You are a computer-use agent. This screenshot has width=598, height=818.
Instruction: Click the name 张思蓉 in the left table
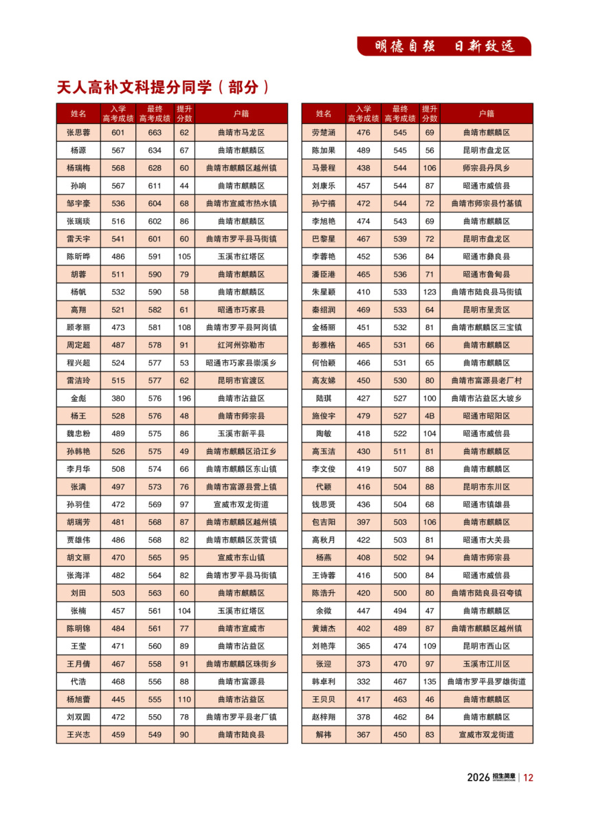(x=78, y=132)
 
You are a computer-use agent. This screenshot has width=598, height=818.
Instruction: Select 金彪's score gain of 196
(x=184, y=398)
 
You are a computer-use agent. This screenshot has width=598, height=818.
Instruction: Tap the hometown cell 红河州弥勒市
(x=241, y=345)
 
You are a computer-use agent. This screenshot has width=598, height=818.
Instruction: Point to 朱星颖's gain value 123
(x=430, y=292)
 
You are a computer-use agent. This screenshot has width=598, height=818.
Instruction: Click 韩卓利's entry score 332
(x=363, y=682)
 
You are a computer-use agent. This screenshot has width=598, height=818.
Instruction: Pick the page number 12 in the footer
(x=528, y=777)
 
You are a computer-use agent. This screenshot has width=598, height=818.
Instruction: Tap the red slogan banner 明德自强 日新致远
(x=444, y=46)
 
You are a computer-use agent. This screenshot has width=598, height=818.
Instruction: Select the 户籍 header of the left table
(x=241, y=114)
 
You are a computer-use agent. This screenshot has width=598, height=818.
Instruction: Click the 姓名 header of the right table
(x=324, y=114)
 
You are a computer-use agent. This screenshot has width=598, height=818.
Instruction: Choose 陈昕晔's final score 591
(x=155, y=257)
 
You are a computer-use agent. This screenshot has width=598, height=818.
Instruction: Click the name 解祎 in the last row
(x=324, y=735)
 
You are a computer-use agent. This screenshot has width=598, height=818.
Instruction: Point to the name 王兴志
(x=78, y=735)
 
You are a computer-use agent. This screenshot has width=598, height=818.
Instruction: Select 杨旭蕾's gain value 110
(x=184, y=699)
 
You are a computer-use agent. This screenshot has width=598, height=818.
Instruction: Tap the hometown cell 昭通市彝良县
(x=486, y=257)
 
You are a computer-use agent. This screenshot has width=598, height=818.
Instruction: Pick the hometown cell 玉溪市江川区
(x=486, y=664)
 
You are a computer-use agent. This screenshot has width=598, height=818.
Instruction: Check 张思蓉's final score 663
(x=155, y=132)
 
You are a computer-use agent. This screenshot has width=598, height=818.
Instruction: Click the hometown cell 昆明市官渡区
(x=241, y=380)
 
